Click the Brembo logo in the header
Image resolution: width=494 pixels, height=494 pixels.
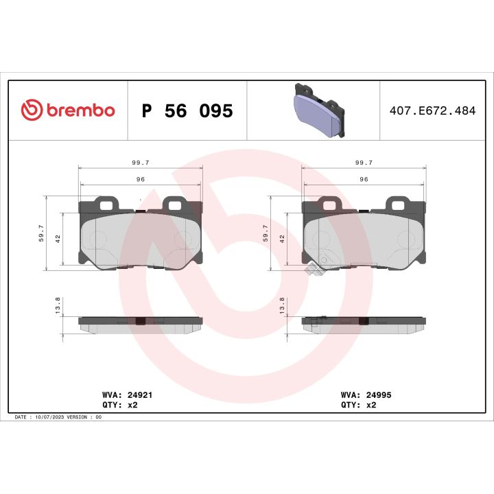[x=68, y=110]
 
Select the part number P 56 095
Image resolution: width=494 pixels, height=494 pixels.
[x=187, y=111]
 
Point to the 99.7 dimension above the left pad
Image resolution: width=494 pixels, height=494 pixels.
[x=141, y=163]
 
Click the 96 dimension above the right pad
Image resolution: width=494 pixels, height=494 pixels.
[x=364, y=179]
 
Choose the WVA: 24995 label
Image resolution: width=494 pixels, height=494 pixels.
[x=366, y=395]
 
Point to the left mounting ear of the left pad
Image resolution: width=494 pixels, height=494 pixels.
[x=106, y=204]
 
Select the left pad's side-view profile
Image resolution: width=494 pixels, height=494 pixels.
[x=141, y=323]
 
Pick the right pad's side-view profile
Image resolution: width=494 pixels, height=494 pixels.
[x=364, y=323]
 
